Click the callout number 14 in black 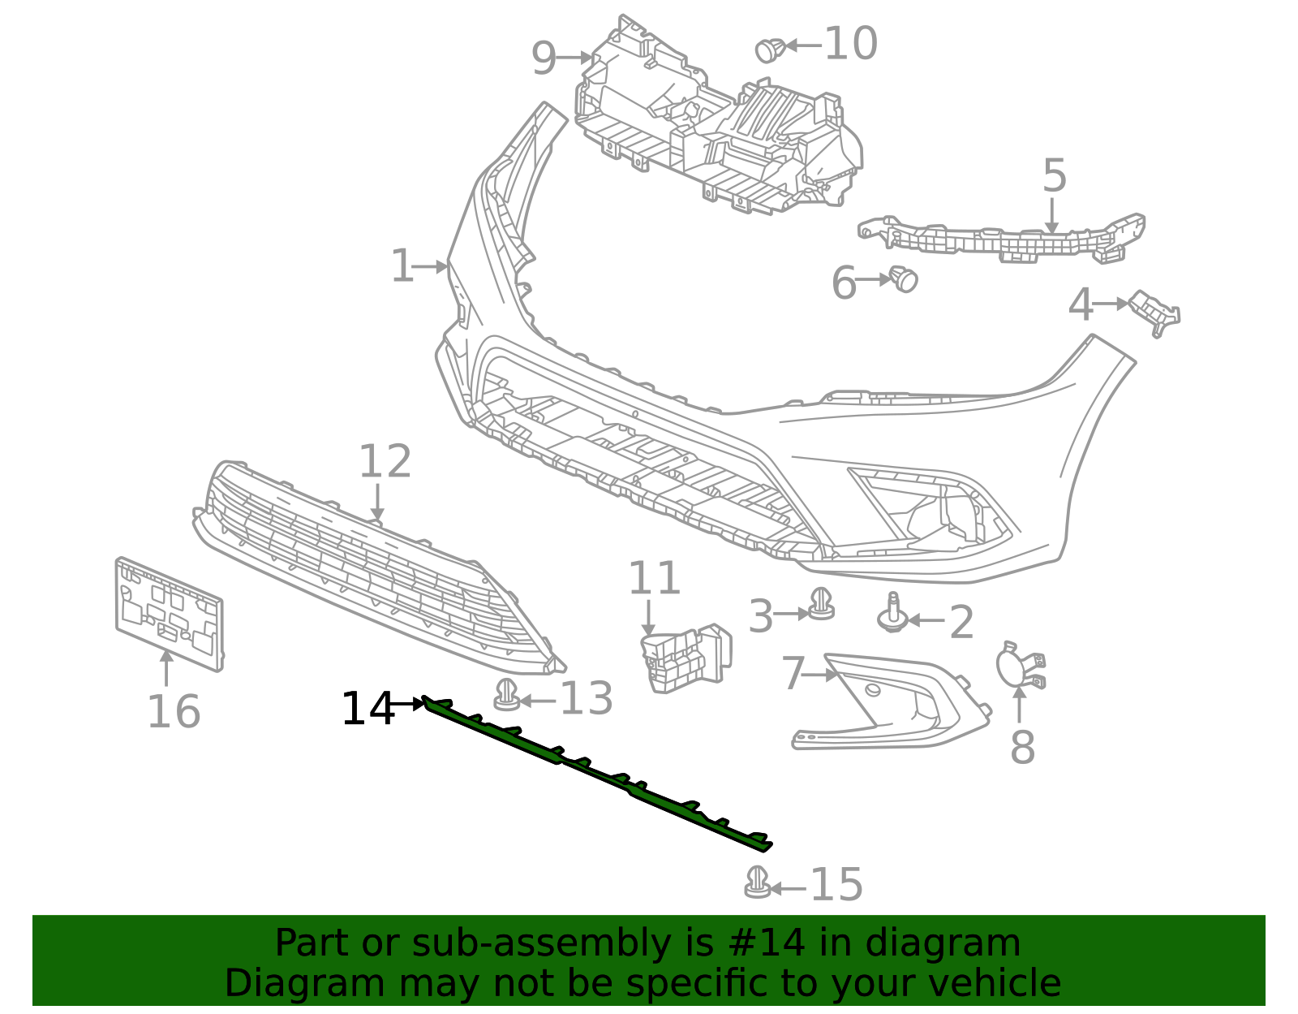[367, 710]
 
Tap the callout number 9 [544, 58]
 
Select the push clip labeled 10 [768, 50]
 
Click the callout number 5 [1054, 176]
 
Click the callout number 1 [402, 266]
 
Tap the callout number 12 [385, 462]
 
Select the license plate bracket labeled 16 [169, 615]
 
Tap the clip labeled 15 [757, 882]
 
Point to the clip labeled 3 [821, 604]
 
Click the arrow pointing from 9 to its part [575, 58]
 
